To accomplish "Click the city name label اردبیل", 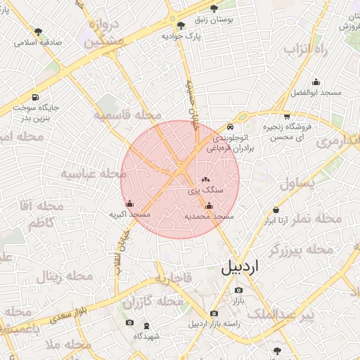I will pos(240,267).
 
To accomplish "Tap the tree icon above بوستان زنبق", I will pos(214,8).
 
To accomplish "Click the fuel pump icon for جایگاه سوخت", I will pos(35,97).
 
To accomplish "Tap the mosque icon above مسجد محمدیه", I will pos(208,206).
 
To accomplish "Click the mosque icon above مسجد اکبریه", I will pos(129,204).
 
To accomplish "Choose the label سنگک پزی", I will pos(205,191).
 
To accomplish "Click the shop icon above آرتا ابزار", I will pos(276,210).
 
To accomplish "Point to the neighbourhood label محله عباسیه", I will pos(88,173).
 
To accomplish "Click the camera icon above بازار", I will pos(238,290).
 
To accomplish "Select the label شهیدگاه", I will pos(146,337).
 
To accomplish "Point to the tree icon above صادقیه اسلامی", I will pos(38,31).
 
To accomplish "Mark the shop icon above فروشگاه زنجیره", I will pos(286,117).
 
